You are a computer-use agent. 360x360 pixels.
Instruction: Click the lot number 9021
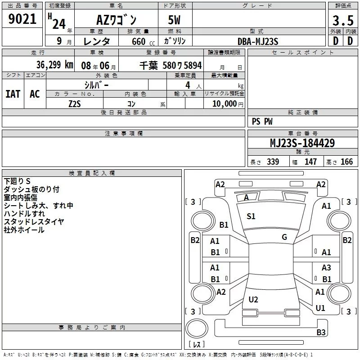[22, 19]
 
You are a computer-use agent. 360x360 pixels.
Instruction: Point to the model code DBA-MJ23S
[257, 41]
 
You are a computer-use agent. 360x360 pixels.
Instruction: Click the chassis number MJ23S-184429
[302, 143]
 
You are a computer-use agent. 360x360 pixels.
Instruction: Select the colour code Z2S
[75, 103]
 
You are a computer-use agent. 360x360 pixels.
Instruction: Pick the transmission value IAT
[13, 94]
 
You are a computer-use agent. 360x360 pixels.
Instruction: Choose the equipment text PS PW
[262, 121]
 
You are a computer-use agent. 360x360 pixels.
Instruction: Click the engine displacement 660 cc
[138, 42]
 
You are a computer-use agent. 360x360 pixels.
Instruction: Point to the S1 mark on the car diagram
[251, 216]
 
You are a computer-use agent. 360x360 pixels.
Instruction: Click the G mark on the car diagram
[284, 237]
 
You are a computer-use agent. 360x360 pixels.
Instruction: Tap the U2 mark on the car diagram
[253, 300]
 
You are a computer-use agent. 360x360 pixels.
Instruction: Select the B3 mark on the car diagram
[321, 333]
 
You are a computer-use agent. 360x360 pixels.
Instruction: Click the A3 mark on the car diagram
[326, 268]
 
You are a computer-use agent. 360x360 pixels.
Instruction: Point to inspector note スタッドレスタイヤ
[34, 221]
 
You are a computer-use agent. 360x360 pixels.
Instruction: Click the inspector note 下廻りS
[17, 181]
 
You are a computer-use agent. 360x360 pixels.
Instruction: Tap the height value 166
[346, 162]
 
